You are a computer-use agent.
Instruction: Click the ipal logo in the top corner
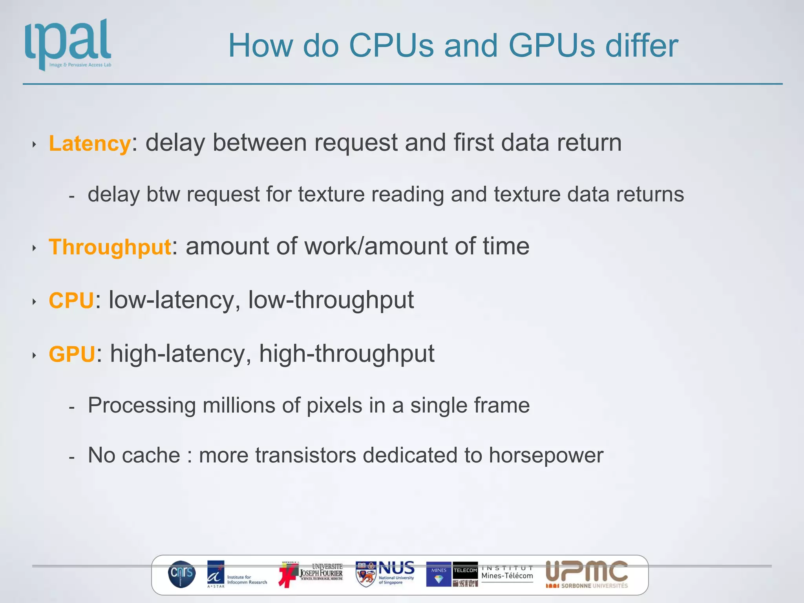click(x=68, y=44)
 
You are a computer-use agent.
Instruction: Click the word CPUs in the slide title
click(x=391, y=46)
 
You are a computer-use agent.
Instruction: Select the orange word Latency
click(x=90, y=143)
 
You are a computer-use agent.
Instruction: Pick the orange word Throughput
click(x=110, y=247)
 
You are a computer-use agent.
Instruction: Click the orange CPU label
click(x=71, y=301)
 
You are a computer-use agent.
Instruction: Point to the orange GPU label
click(x=72, y=354)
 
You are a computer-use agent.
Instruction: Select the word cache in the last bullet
click(x=151, y=455)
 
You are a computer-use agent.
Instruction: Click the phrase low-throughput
click(x=331, y=301)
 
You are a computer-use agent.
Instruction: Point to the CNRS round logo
click(x=182, y=574)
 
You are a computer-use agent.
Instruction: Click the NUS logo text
click(x=397, y=568)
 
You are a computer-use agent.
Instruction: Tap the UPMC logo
click(x=587, y=574)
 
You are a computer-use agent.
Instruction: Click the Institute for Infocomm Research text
click(x=247, y=579)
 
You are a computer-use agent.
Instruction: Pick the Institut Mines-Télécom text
click(x=507, y=573)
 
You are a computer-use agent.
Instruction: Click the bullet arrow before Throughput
click(x=35, y=248)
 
